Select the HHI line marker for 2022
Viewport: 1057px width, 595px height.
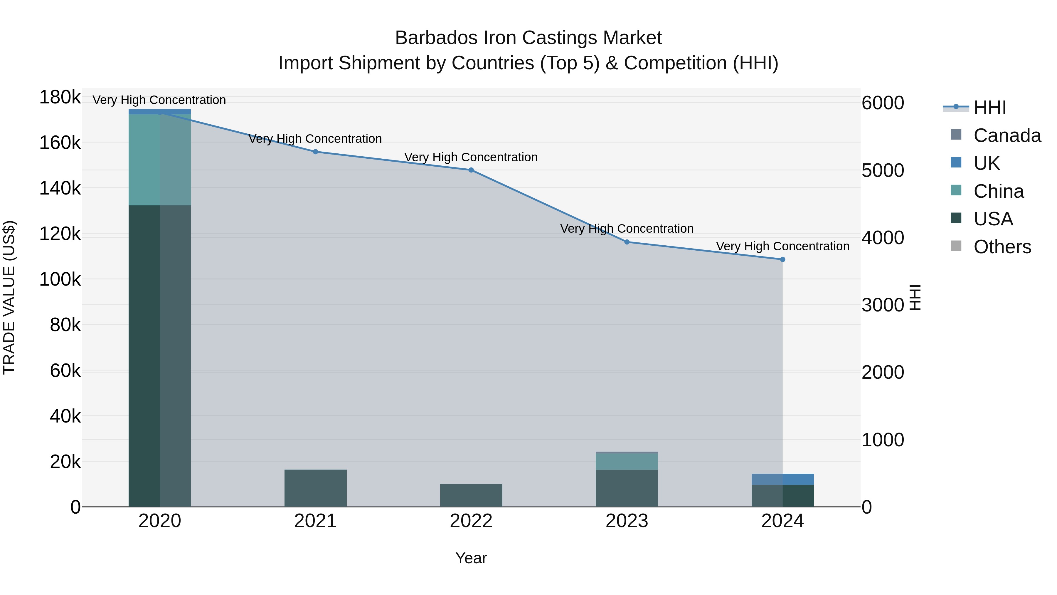471,170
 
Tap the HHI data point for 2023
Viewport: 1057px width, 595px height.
627,242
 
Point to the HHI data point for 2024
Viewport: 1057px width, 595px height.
782,259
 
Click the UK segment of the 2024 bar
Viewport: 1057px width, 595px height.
782,479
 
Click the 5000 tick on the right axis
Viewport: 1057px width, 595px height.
883,170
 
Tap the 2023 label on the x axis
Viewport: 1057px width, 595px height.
627,521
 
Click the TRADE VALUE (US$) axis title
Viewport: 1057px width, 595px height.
9,297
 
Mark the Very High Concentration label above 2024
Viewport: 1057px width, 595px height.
782,247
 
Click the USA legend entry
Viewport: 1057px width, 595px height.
993,219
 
